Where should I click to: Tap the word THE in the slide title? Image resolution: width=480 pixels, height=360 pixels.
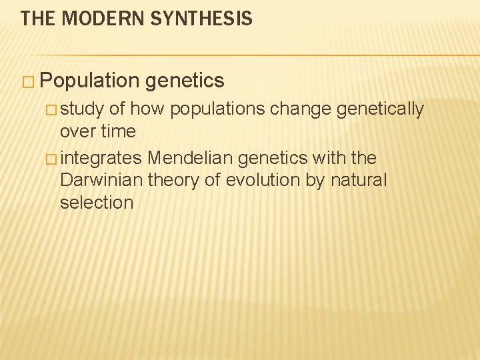[36, 19]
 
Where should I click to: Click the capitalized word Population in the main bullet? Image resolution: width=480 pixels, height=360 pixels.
[89, 81]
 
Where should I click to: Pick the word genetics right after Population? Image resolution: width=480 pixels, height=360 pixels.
[184, 81]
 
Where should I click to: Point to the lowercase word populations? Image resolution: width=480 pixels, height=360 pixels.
[218, 109]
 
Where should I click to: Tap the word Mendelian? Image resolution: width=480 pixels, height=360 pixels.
[191, 159]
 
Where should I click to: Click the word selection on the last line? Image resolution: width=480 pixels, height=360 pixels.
[97, 203]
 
